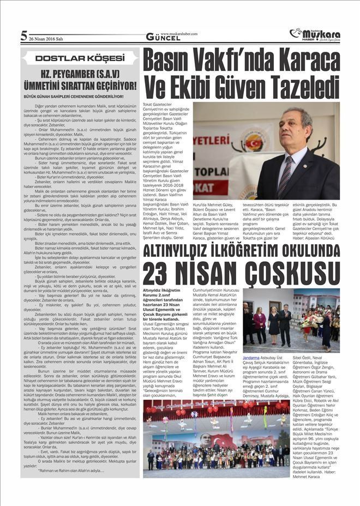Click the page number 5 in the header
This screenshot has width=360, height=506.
point(24,36)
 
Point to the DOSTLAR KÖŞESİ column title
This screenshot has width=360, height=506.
point(80,58)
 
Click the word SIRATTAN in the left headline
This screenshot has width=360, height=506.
point(97,86)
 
